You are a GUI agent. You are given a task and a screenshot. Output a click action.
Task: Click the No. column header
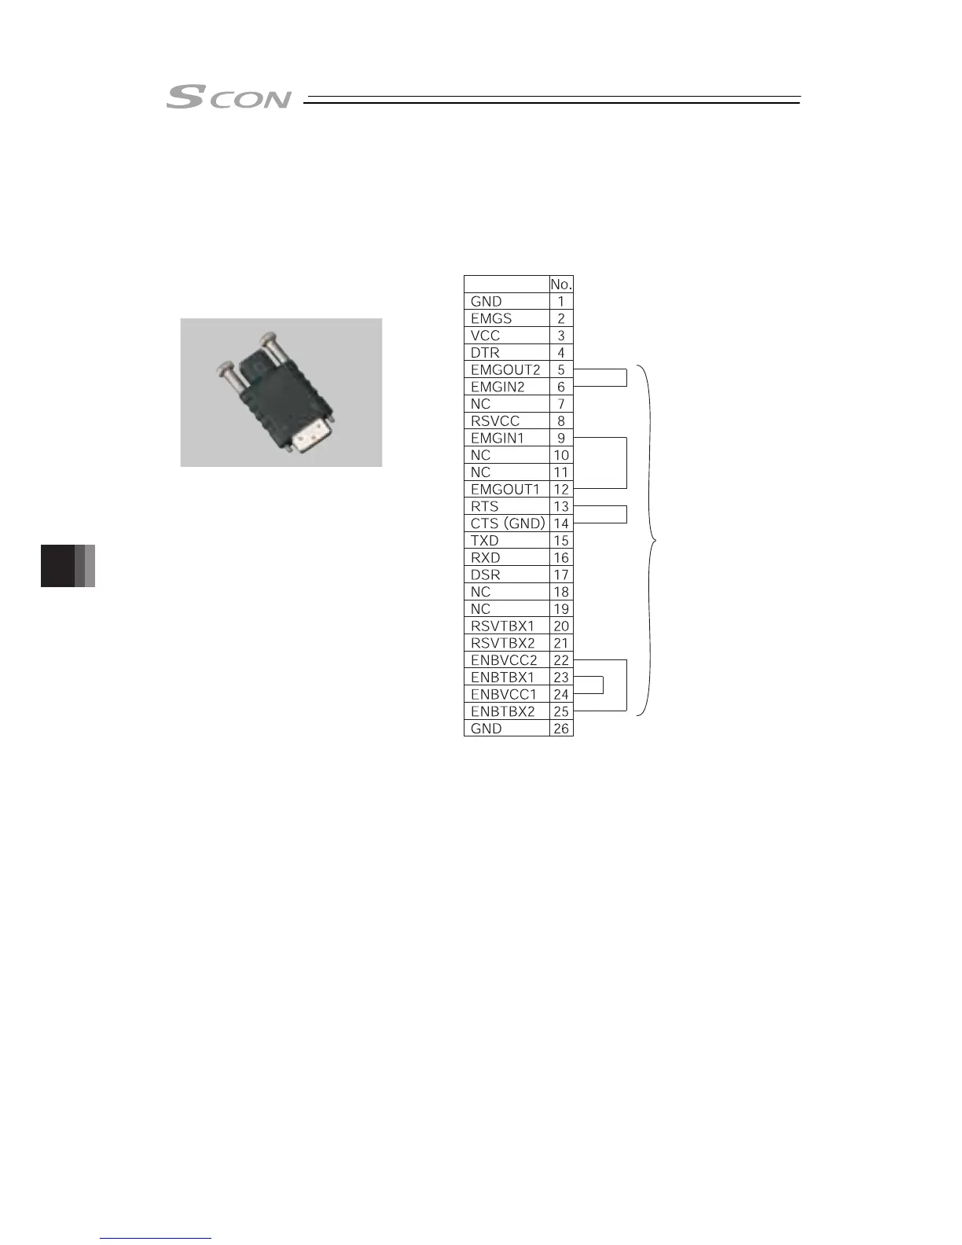561,285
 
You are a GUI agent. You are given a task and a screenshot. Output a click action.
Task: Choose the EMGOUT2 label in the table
505,369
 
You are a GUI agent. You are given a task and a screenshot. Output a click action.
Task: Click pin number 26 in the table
561,729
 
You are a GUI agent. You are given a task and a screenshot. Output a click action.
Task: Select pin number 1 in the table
561,301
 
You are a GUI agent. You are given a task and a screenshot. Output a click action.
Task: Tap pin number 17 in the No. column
561,575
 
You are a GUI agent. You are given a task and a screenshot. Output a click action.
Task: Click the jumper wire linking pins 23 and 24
602,685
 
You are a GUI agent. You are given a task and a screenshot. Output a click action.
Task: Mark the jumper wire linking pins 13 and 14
626,515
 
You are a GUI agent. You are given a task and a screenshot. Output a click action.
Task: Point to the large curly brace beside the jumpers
650,540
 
